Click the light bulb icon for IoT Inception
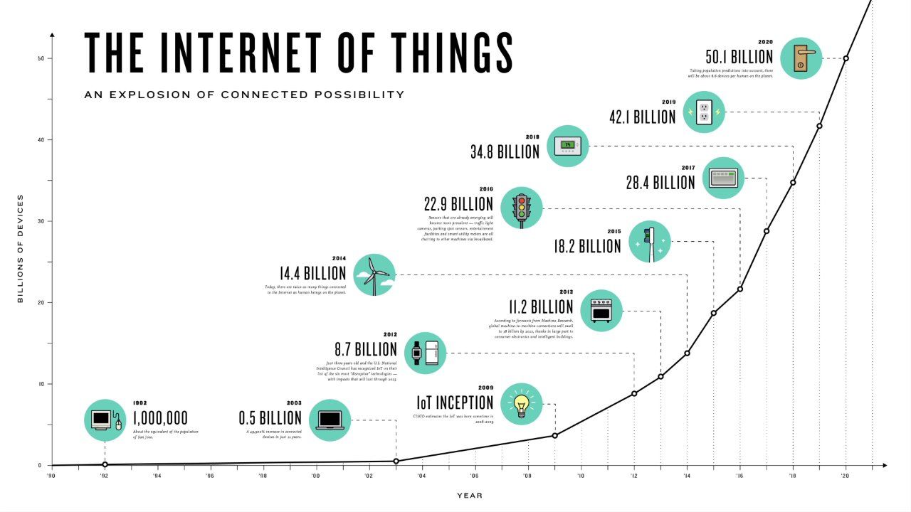pyautogui.click(x=522, y=403)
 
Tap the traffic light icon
pyautogui.click(x=522, y=208)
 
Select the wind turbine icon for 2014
pyautogui.click(x=374, y=274)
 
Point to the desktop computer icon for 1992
pyautogui.click(x=105, y=420)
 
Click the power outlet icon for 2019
pyautogui.click(x=705, y=112)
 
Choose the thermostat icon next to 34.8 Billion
pyautogui.click(x=567, y=146)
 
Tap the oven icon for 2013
pyautogui.click(x=601, y=310)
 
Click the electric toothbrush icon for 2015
pyautogui.click(x=650, y=242)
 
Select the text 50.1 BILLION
pyautogui.click(x=739, y=57)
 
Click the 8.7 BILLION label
pyautogui.click(x=366, y=349)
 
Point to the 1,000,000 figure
pyautogui.click(x=160, y=417)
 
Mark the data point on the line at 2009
pyautogui.click(x=554, y=435)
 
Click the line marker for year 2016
pyautogui.click(x=740, y=289)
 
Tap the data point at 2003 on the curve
pyautogui.click(x=396, y=461)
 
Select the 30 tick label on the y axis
pyautogui.click(x=41, y=221)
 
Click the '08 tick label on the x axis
pyautogui.click(x=527, y=476)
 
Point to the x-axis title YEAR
pyautogui.click(x=469, y=496)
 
